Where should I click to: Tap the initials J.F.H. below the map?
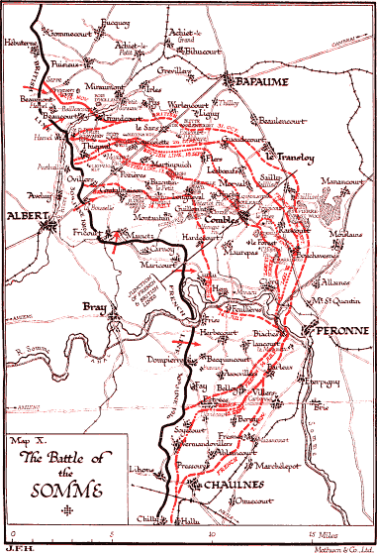click(x=15, y=547)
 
